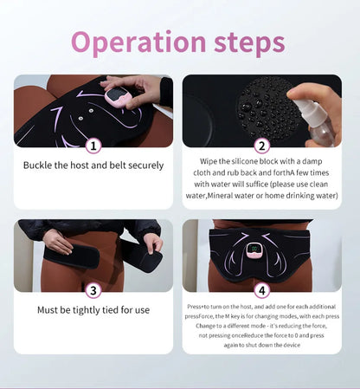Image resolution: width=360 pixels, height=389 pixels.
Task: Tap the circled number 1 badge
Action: tap(93, 146)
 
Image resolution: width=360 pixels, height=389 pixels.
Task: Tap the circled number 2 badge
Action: tap(262, 146)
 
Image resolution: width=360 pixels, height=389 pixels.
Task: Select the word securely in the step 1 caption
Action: tap(145, 164)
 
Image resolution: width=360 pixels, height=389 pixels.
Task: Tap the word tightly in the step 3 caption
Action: tap(87, 309)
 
